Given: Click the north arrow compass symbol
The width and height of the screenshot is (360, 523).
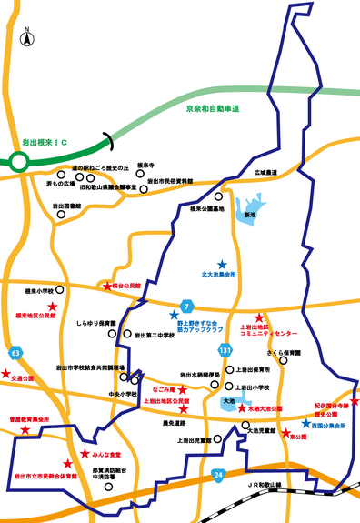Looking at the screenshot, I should tap(28, 38).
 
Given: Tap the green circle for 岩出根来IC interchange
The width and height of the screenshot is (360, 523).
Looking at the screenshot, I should tap(19, 163).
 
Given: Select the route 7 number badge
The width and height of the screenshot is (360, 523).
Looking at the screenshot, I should tap(186, 305).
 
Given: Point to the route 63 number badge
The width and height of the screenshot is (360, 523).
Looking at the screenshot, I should tap(15, 350).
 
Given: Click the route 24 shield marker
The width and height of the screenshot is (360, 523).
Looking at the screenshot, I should tap(218, 474).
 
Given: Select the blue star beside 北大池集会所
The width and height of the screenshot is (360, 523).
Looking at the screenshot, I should tap(222, 265).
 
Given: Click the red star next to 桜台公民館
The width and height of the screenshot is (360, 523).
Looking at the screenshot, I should tap(107, 287).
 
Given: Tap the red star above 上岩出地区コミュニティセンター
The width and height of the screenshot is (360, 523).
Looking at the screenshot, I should tap(259, 316).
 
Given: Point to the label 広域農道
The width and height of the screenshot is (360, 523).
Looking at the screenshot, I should tap(265, 171).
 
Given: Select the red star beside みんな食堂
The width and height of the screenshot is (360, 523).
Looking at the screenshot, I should tap(85, 453).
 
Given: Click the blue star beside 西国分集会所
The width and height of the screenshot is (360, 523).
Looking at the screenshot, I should tap(305, 423).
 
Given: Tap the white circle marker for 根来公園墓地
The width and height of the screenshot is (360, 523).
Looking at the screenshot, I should tap(217, 196).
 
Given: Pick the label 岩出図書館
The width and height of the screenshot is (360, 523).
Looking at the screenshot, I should tap(66, 206).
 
